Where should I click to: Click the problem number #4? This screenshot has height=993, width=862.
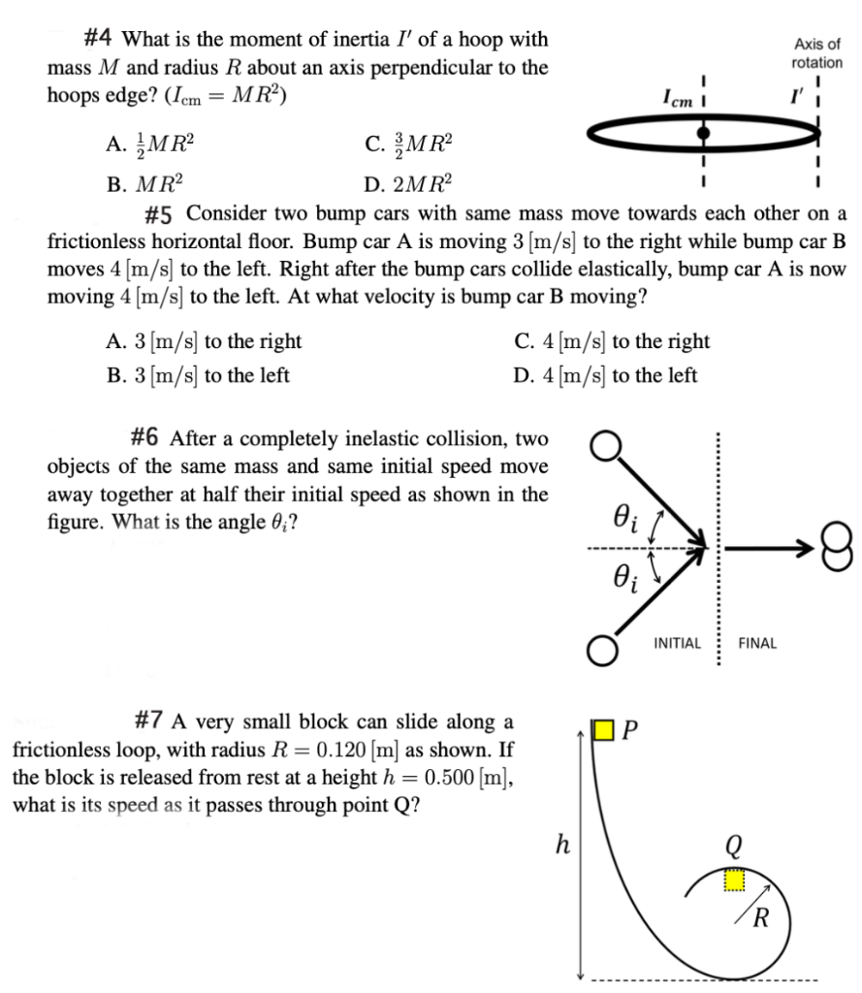coord(100,41)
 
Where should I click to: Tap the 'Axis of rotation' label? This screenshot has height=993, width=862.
coord(816,53)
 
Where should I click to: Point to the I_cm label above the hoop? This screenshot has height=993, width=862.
coord(677,99)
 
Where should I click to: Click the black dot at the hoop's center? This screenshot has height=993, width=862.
coord(705,132)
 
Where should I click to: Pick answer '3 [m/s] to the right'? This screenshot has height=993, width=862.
coord(203,341)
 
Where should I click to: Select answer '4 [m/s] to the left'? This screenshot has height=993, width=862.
coord(605,374)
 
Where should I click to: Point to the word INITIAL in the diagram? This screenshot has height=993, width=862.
coord(677,643)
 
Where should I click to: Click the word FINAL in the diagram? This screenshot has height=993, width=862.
coord(757,643)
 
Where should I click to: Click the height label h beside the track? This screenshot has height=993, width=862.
coord(560,846)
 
